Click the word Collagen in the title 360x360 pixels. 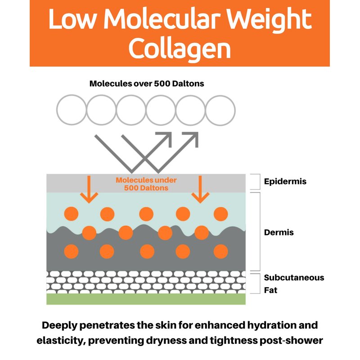(x=180, y=49)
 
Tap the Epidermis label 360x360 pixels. (x=285, y=181)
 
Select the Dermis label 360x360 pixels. (x=279, y=232)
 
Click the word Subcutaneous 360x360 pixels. (x=294, y=278)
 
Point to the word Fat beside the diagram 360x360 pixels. (x=270, y=290)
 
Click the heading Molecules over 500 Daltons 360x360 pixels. (x=147, y=84)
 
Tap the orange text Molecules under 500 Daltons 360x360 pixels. (x=146, y=184)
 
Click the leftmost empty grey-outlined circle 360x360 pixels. (x=72, y=110)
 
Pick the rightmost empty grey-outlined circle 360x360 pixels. (x=220, y=111)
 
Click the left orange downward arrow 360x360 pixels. (x=89, y=189)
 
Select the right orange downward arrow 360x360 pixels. (x=200, y=189)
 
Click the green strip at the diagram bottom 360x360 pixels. (x=146, y=299)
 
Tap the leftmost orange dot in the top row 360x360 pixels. (x=71, y=214)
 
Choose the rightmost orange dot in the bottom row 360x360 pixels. (x=220, y=252)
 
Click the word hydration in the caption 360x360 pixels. (x=267, y=325)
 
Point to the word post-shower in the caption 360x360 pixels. (x=291, y=341)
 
